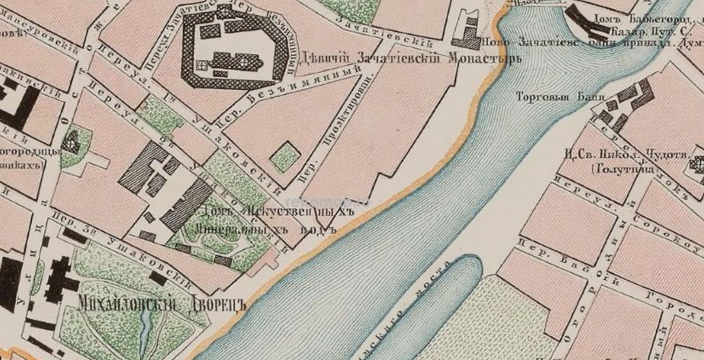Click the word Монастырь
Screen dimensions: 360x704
click(x=476, y=59)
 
